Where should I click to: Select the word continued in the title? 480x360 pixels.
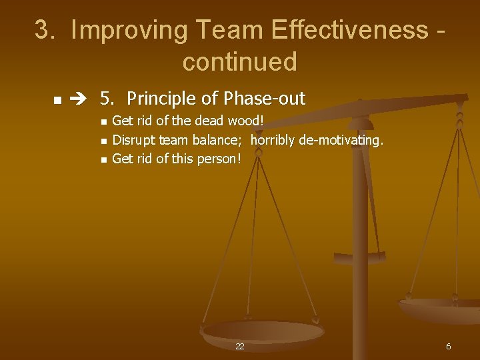[239, 62]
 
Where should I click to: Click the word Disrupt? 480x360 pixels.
[134, 140]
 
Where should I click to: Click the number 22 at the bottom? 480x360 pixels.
[240, 347]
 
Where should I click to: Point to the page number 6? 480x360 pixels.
[448, 347]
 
